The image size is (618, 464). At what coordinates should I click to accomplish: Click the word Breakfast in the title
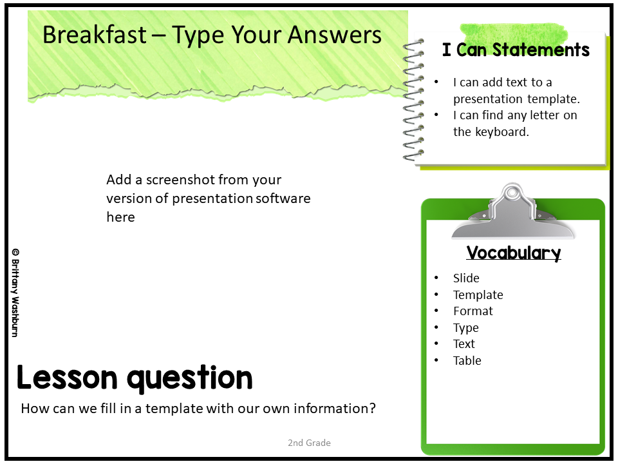click(x=95, y=34)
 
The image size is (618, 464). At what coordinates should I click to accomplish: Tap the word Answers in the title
click(x=334, y=34)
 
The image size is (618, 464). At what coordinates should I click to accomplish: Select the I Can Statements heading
click(x=516, y=50)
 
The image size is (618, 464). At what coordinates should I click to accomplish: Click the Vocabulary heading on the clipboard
click(x=514, y=253)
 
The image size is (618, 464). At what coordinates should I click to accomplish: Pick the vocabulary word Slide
click(x=466, y=278)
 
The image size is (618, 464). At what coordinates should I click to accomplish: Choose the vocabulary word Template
click(x=478, y=295)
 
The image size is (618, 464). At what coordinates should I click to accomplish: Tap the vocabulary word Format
click(x=473, y=311)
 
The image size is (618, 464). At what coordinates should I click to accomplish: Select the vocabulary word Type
click(x=466, y=328)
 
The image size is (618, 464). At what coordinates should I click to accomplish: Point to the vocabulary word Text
click(x=464, y=343)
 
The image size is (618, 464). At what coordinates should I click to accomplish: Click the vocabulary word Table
click(x=467, y=360)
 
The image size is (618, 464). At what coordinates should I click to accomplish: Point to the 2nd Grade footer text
click(x=309, y=443)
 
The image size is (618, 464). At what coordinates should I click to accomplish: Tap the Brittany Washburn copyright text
click(x=15, y=293)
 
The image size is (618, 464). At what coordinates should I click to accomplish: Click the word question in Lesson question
click(x=189, y=378)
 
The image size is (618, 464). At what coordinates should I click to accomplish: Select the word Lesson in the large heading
click(x=67, y=378)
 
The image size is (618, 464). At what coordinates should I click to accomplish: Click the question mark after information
click(x=373, y=409)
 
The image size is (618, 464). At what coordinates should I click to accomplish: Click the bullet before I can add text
click(x=436, y=82)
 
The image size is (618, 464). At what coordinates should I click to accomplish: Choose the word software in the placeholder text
click(x=283, y=198)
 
